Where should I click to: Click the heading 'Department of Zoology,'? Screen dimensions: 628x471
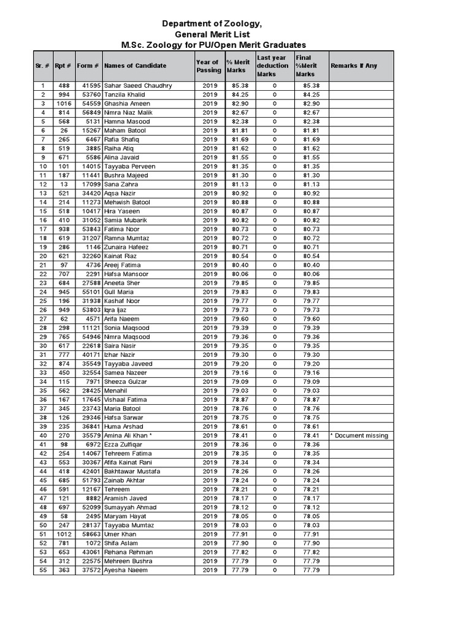(212, 23)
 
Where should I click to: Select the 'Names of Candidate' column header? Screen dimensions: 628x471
(135, 66)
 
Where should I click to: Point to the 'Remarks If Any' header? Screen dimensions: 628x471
(354, 66)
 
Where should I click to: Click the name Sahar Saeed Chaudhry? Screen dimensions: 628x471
(138, 86)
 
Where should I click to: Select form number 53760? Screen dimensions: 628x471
(89, 94)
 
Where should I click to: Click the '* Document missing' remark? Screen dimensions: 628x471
(359, 435)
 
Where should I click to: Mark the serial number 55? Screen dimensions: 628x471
(43, 570)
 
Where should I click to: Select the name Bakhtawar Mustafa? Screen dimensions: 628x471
(132, 471)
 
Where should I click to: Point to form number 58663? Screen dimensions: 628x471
(89, 534)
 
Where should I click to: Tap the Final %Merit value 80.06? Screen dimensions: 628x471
(312, 274)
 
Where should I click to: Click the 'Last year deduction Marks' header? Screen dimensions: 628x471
(273, 66)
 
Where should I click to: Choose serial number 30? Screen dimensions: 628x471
(43, 346)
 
